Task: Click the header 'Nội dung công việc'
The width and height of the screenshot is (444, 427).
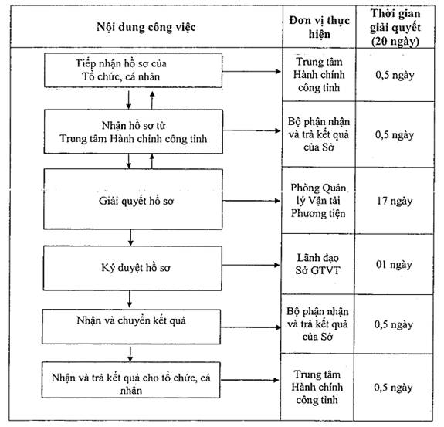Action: (146, 27)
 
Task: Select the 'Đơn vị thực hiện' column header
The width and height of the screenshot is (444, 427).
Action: (319, 27)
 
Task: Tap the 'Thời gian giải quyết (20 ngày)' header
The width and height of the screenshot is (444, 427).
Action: (395, 27)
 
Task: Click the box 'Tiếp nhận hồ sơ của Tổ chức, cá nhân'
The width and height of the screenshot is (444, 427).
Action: (133, 70)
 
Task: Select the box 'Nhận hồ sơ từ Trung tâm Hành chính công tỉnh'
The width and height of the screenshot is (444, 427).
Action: (133, 132)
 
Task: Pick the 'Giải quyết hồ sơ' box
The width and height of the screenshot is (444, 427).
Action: (133, 199)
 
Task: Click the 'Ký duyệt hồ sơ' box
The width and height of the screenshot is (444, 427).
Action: (133, 268)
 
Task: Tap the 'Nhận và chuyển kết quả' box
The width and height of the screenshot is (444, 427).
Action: (131, 327)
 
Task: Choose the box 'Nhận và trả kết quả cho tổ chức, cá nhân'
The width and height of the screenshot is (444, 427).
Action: (130, 380)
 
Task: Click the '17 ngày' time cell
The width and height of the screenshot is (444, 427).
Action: (394, 201)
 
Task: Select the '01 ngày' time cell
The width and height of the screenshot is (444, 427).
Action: (394, 264)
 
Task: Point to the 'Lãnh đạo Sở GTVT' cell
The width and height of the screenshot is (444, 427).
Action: (317, 264)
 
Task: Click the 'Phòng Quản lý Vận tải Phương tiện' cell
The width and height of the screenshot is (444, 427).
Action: (318, 201)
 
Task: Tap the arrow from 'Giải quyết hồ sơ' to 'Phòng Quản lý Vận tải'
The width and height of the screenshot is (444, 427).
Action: (251, 201)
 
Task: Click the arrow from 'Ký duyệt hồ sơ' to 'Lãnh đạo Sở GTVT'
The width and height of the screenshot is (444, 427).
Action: (251, 265)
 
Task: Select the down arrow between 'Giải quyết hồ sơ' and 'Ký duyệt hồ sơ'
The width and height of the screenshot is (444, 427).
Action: (130, 237)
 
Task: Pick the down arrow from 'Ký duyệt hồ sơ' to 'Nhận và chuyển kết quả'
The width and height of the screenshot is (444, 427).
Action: (130, 299)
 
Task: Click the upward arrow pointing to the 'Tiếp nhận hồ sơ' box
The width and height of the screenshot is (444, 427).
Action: (152, 100)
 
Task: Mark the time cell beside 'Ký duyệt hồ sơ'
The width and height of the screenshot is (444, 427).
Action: (394, 264)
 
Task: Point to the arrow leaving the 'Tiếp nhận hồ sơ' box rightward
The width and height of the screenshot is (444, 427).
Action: (252, 71)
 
